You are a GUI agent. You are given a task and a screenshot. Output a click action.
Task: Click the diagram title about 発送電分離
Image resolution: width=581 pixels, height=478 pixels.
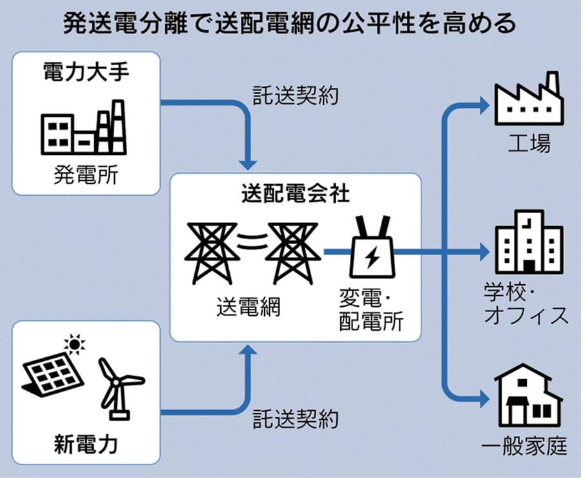coord(290,24)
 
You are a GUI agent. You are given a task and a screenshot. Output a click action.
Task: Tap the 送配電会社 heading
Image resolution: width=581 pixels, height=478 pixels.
coord(295,192)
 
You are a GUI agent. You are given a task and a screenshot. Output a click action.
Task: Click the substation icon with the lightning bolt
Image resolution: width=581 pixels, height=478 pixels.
coord(372,248)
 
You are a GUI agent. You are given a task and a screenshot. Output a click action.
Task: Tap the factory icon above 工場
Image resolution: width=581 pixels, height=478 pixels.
coord(528,100)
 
